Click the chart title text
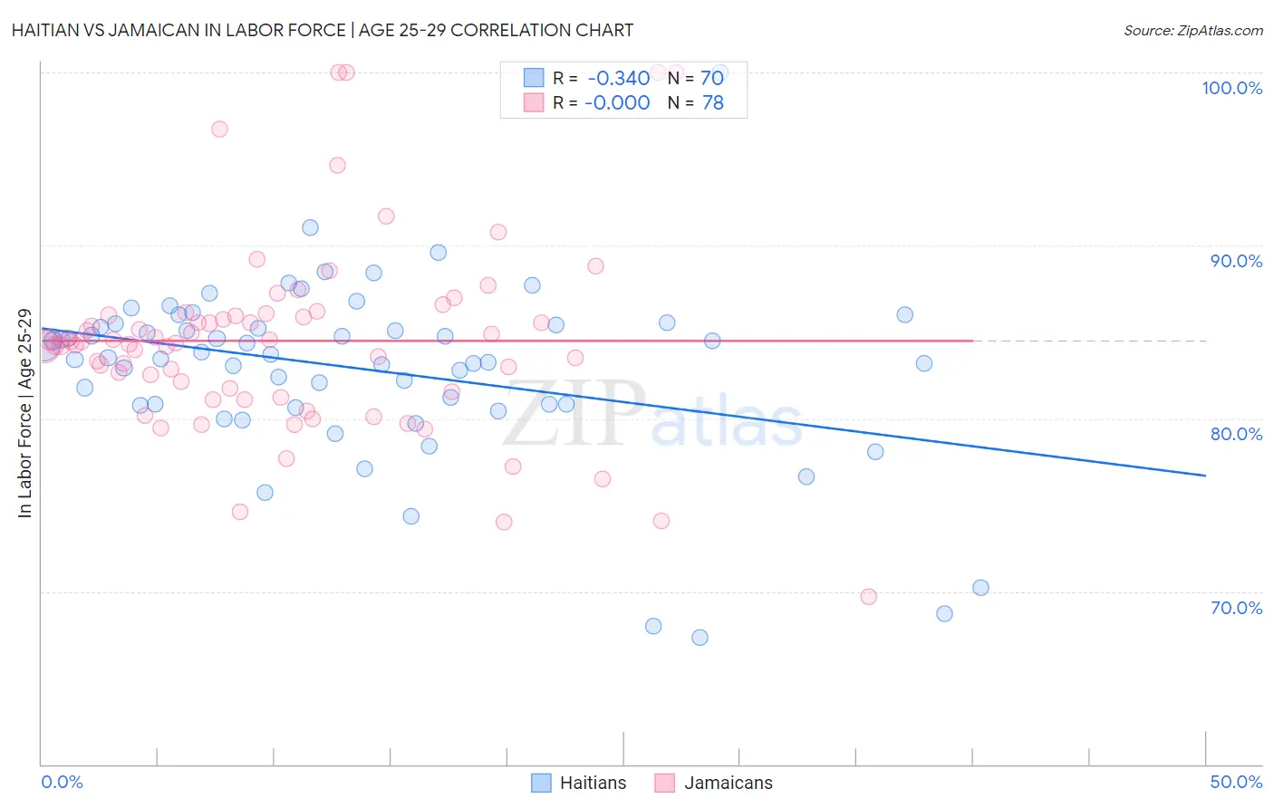coord(323,30)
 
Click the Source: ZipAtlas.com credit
coord(1192,31)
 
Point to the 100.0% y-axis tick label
coord(1231,88)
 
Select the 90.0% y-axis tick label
coord(1236,261)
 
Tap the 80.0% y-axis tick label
coord(1236,434)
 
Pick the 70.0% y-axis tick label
coord(1236,608)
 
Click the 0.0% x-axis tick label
coord(62,782)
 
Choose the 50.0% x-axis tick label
coord(1236,782)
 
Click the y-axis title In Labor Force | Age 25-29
coord(25,413)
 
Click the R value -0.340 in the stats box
coord(619,79)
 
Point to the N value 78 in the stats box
coord(713,103)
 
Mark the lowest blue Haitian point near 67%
coord(700,638)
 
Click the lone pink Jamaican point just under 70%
coord(868,597)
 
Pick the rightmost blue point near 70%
coord(980,588)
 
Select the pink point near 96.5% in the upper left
coord(219,130)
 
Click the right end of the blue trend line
coord(1204,476)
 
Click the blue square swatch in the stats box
coord(534,79)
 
